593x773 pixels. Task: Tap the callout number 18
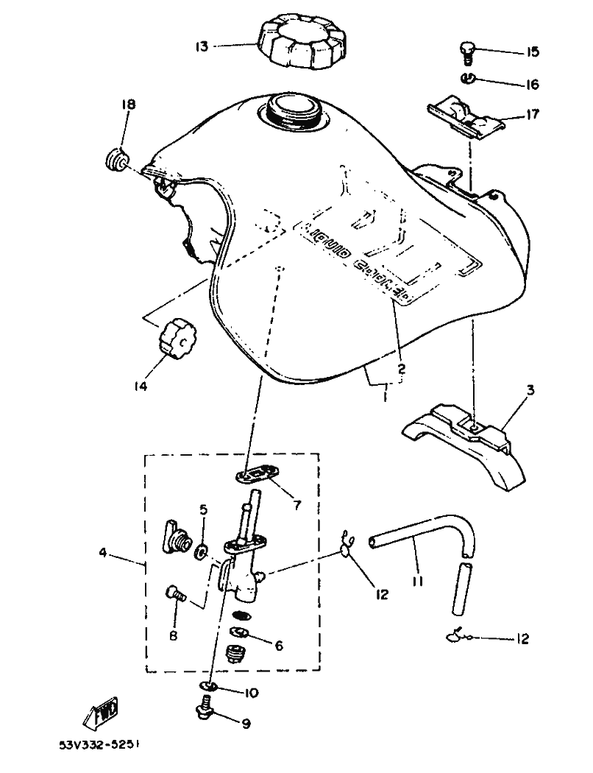tap(129, 106)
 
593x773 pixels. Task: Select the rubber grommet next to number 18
tap(116, 160)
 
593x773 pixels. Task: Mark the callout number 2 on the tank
tap(401, 370)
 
